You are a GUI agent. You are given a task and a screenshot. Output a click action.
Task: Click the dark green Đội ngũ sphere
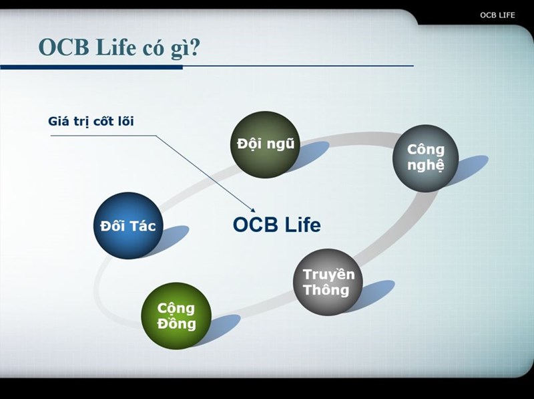click(x=263, y=144)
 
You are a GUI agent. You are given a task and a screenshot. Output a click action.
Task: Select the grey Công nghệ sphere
click(x=425, y=158)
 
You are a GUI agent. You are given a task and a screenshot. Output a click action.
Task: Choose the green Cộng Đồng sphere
click(x=176, y=316)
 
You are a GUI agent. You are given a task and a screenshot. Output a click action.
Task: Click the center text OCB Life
click(x=276, y=225)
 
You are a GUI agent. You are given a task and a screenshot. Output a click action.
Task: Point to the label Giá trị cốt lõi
click(x=95, y=122)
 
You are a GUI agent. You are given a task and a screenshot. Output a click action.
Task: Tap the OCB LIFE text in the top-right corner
click(x=497, y=15)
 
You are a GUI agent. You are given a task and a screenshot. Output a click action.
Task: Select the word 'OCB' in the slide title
click(x=62, y=47)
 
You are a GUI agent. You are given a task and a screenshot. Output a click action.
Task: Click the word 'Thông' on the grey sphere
click(x=326, y=291)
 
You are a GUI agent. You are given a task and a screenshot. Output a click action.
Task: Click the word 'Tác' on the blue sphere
click(x=142, y=226)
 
